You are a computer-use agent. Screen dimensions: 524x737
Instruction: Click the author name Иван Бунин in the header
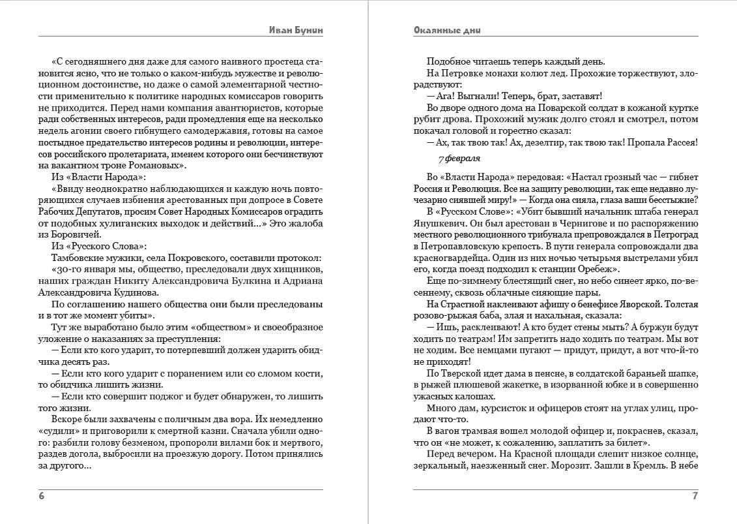click(296, 30)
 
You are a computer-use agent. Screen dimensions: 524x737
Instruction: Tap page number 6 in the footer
click(42, 496)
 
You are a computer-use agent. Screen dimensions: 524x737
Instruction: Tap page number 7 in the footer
click(695, 496)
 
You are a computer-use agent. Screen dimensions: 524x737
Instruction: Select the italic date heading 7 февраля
click(459, 159)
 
